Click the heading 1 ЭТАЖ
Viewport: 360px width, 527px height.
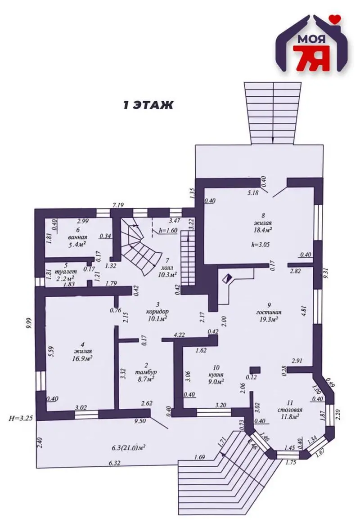(148, 105)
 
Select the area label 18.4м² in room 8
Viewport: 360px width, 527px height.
(262, 230)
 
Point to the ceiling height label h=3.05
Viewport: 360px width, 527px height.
(261, 245)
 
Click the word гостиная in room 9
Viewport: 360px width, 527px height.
(269, 312)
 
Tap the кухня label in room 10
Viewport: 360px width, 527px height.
(216, 375)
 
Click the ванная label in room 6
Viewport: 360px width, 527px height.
(78, 237)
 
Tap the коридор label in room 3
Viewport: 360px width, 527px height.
(157, 311)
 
